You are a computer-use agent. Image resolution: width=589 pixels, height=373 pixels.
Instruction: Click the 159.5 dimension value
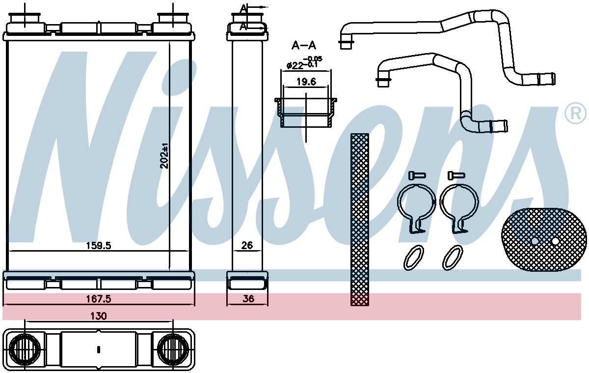tap(99, 246)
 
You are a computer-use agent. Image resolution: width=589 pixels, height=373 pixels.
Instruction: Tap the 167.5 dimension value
tap(99, 299)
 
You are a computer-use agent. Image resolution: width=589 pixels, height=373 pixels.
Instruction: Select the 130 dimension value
tap(99, 316)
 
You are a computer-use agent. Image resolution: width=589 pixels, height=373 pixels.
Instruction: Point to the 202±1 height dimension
tap(164, 156)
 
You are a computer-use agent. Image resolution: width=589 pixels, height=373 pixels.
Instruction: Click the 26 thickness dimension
tap(247, 246)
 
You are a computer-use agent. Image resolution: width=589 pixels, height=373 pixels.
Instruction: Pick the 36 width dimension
tap(248, 299)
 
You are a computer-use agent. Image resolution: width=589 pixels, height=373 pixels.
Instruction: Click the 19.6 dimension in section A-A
tap(306, 82)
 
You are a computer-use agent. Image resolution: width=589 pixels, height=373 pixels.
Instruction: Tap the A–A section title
tap(304, 46)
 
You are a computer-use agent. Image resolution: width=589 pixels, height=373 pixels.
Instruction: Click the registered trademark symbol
tap(576, 114)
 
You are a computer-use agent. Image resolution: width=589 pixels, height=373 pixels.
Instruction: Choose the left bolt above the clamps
tap(417, 175)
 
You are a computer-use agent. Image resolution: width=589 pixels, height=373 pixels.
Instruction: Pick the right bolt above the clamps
tap(456, 175)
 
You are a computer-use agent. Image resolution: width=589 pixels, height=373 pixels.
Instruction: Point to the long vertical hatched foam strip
tap(360, 220)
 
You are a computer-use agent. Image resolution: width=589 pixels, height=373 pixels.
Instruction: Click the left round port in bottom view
tap(25, 349)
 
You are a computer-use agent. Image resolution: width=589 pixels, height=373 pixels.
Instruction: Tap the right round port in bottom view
tap(173, 349)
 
